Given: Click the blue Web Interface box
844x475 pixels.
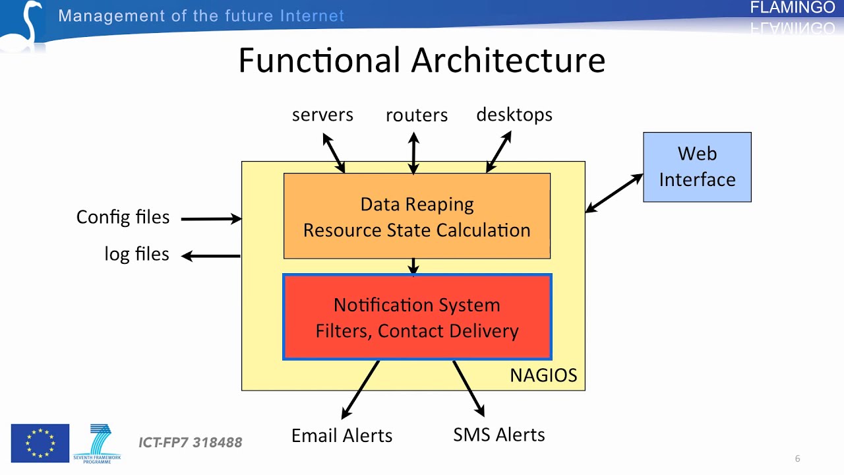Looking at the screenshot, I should coord(697,167).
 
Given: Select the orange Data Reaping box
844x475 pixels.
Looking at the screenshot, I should coord(417,216).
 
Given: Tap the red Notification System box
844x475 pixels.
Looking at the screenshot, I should coord(417,317).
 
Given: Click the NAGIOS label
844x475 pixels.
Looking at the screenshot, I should coord(543,375).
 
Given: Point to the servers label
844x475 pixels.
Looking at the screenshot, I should coord(322,115).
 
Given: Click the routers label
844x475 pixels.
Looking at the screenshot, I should coord(416,115).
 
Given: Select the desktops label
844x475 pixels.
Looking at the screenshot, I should coord(514,115).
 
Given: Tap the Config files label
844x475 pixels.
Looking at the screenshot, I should coord(123,217).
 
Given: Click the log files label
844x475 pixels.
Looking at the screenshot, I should coord(136,254).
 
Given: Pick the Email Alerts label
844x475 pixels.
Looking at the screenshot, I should coord(342,435).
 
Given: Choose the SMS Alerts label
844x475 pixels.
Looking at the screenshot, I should coord(499,435).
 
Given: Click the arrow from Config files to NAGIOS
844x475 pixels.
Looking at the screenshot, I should coord(211,218).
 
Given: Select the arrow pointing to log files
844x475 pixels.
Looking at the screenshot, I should coord(211,256).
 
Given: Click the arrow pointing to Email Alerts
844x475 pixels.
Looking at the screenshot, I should coord(361,389).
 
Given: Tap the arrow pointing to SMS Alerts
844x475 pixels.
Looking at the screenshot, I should coord(469,389).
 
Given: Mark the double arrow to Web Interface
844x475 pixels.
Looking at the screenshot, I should coord(615,193).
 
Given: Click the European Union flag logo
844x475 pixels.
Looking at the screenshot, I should coord(40,443).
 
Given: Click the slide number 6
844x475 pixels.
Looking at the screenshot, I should coord(798,459).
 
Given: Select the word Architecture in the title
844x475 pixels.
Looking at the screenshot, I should coord(508,61).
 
